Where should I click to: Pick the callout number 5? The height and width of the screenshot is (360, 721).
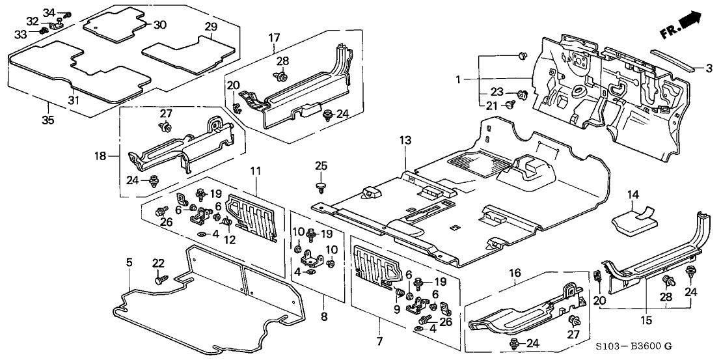pos(129,261)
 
